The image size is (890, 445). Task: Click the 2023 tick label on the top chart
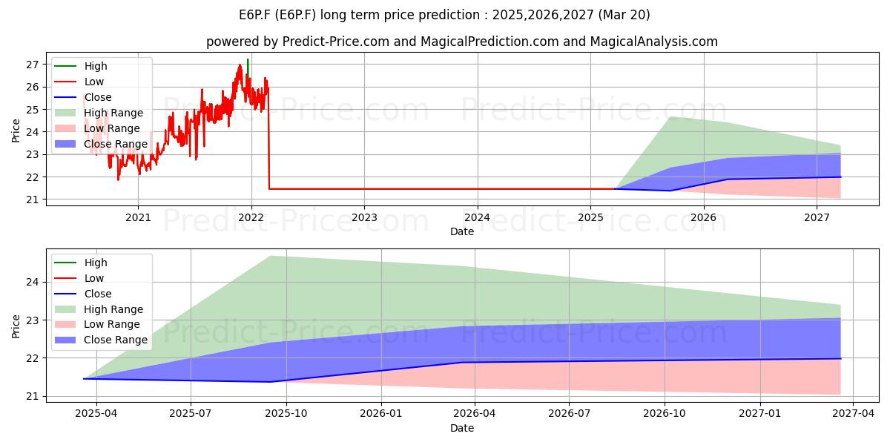click(x=364, y=218)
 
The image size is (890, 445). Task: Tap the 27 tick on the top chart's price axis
click(x=32, y=65)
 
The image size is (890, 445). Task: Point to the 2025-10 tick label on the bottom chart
click(x=286, y=414)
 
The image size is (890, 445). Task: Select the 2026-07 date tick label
click(x=569, y=414)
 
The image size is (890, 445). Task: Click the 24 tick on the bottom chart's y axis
click(x=32, y=283)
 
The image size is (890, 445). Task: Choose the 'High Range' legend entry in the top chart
click(x=99, y=113)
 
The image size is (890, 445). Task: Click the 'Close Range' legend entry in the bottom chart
click(x=101, y=340)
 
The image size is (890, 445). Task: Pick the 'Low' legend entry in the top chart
click(x=79, y=82)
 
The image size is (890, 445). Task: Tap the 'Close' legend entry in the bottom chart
click(x=82, y=294)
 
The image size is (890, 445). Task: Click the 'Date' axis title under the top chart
click(x=461, y=231)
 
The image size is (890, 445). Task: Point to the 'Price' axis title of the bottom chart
click(x=16, y=326)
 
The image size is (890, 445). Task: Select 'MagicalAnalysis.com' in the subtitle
click(x=653, y=42)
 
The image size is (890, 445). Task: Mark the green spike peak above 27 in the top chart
click(x=248, y=59)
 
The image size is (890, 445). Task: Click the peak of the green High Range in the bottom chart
click(x=271, y=256)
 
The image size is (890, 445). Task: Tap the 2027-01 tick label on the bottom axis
click(x=759, y=414)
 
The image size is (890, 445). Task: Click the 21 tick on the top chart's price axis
click(x=32, y=200)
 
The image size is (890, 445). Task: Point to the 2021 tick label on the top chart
click(x=138, y=218)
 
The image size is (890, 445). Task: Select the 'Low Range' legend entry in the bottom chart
click(x=97, y=325)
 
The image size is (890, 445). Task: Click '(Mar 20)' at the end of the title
click(x=624, y=15)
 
